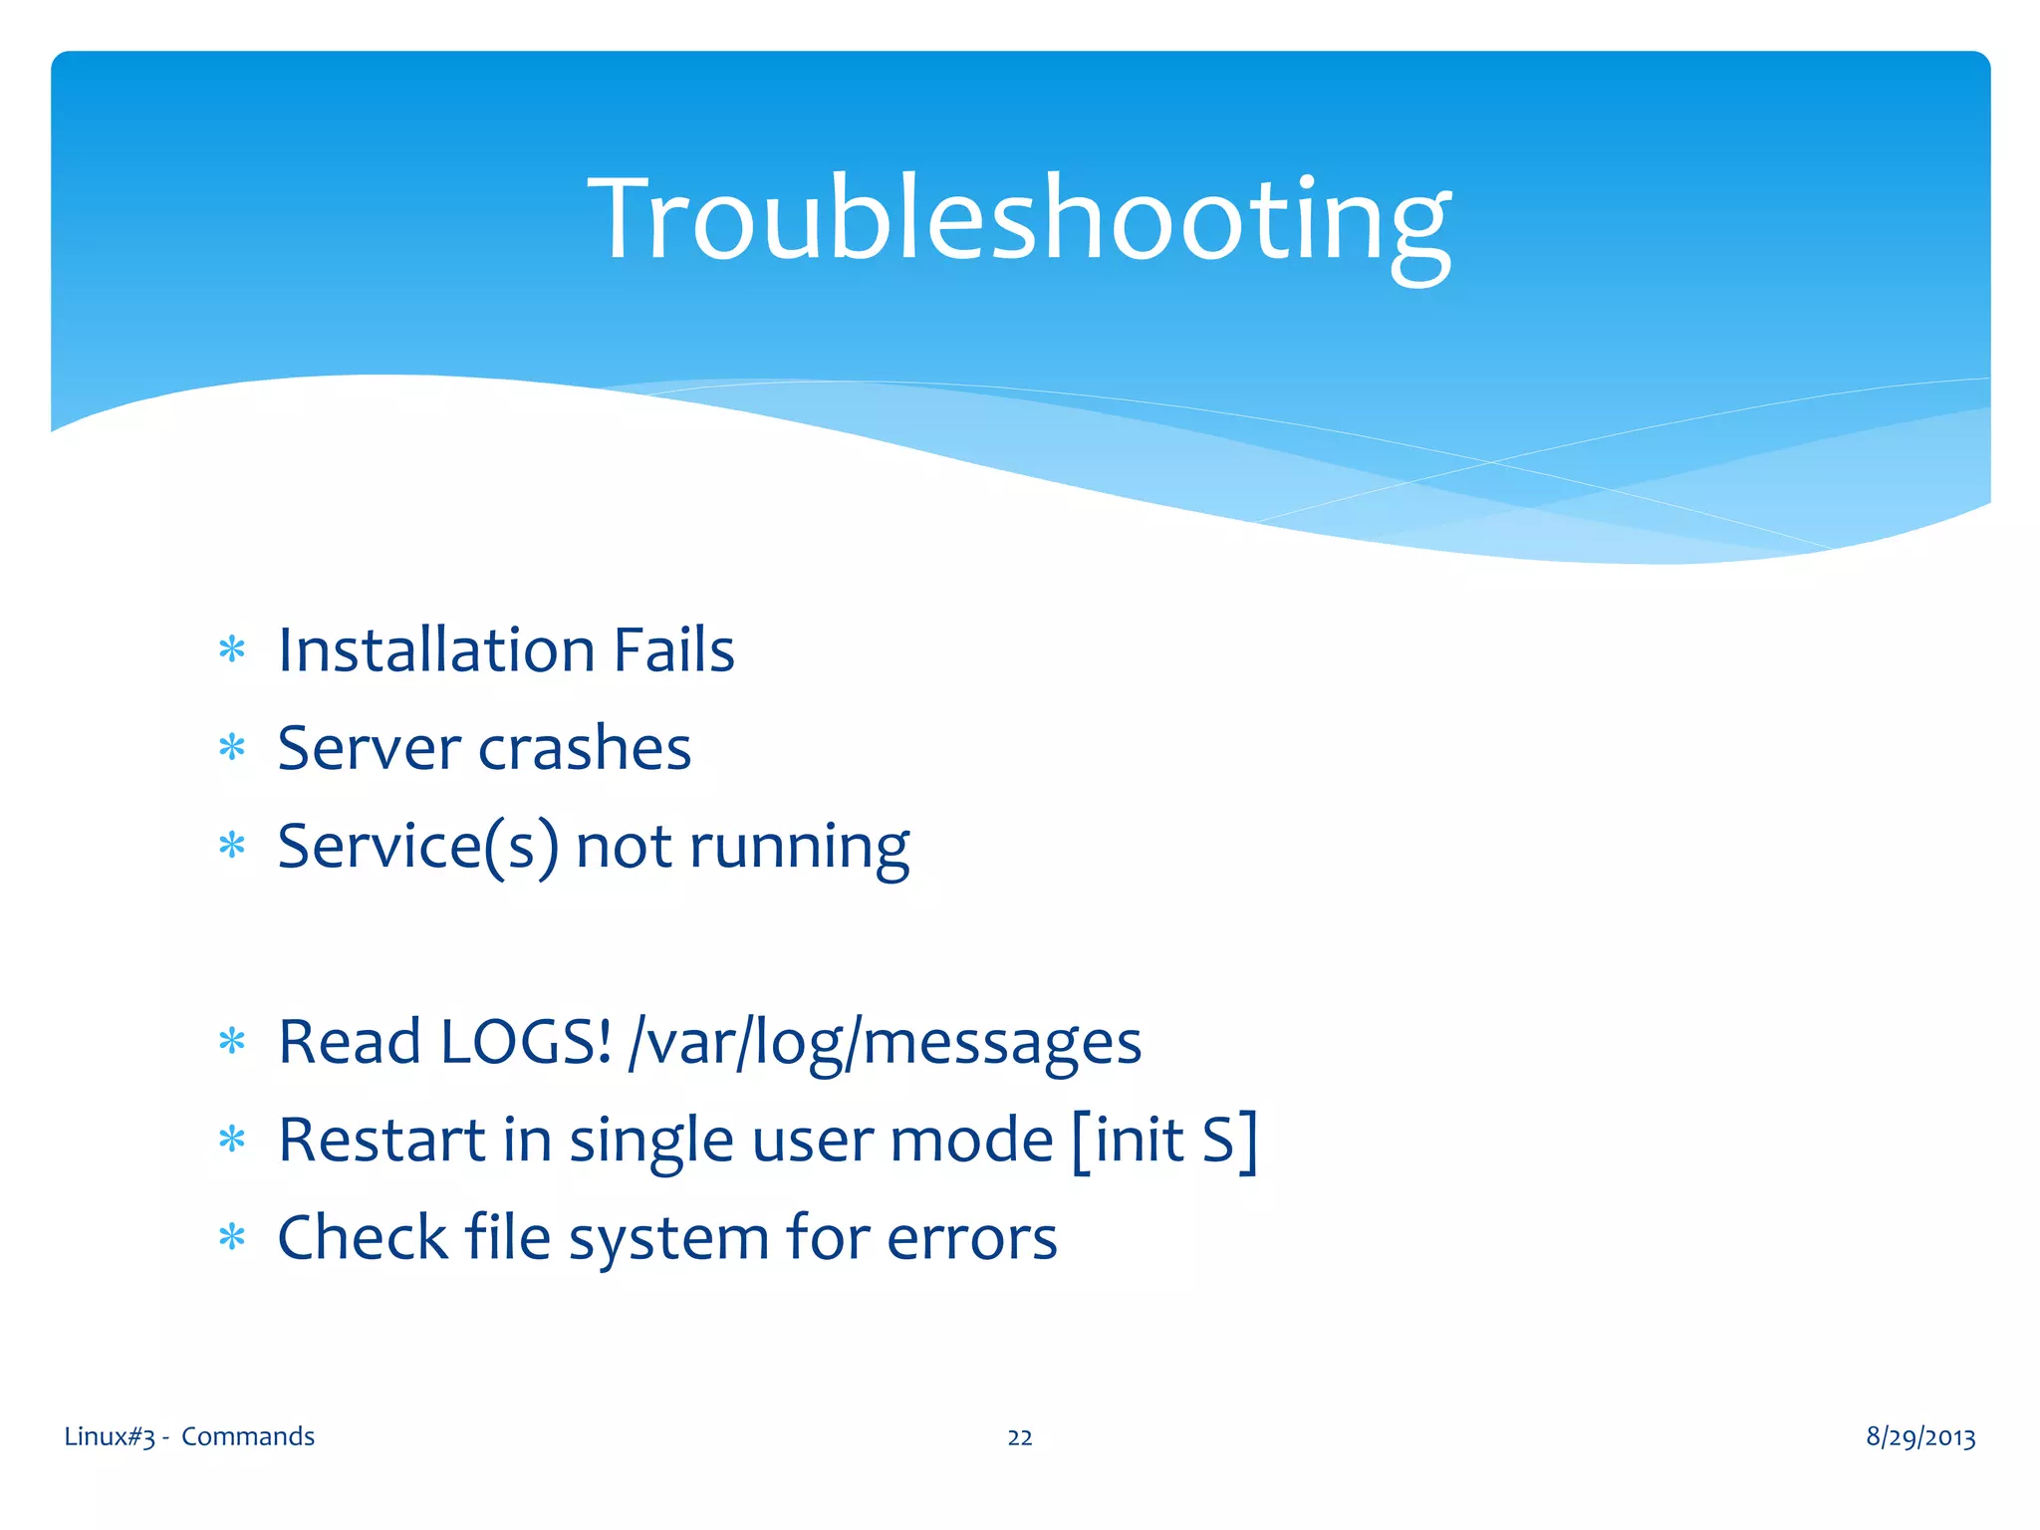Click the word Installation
point(436,649)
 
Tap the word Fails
point(673,649)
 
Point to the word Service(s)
point(417,847)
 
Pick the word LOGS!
point(525,1042)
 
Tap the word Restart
point(382,1140)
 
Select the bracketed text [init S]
point(1164,1140)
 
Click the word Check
point(363,1237)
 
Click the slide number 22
point(1019,1437)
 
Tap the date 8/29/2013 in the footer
point(1919,1436)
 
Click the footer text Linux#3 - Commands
point(189,1436)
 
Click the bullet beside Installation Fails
point(232,650)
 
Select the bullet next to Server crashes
point(232,748)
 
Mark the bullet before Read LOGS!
point(232,1042)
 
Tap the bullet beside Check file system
point(232,1238)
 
